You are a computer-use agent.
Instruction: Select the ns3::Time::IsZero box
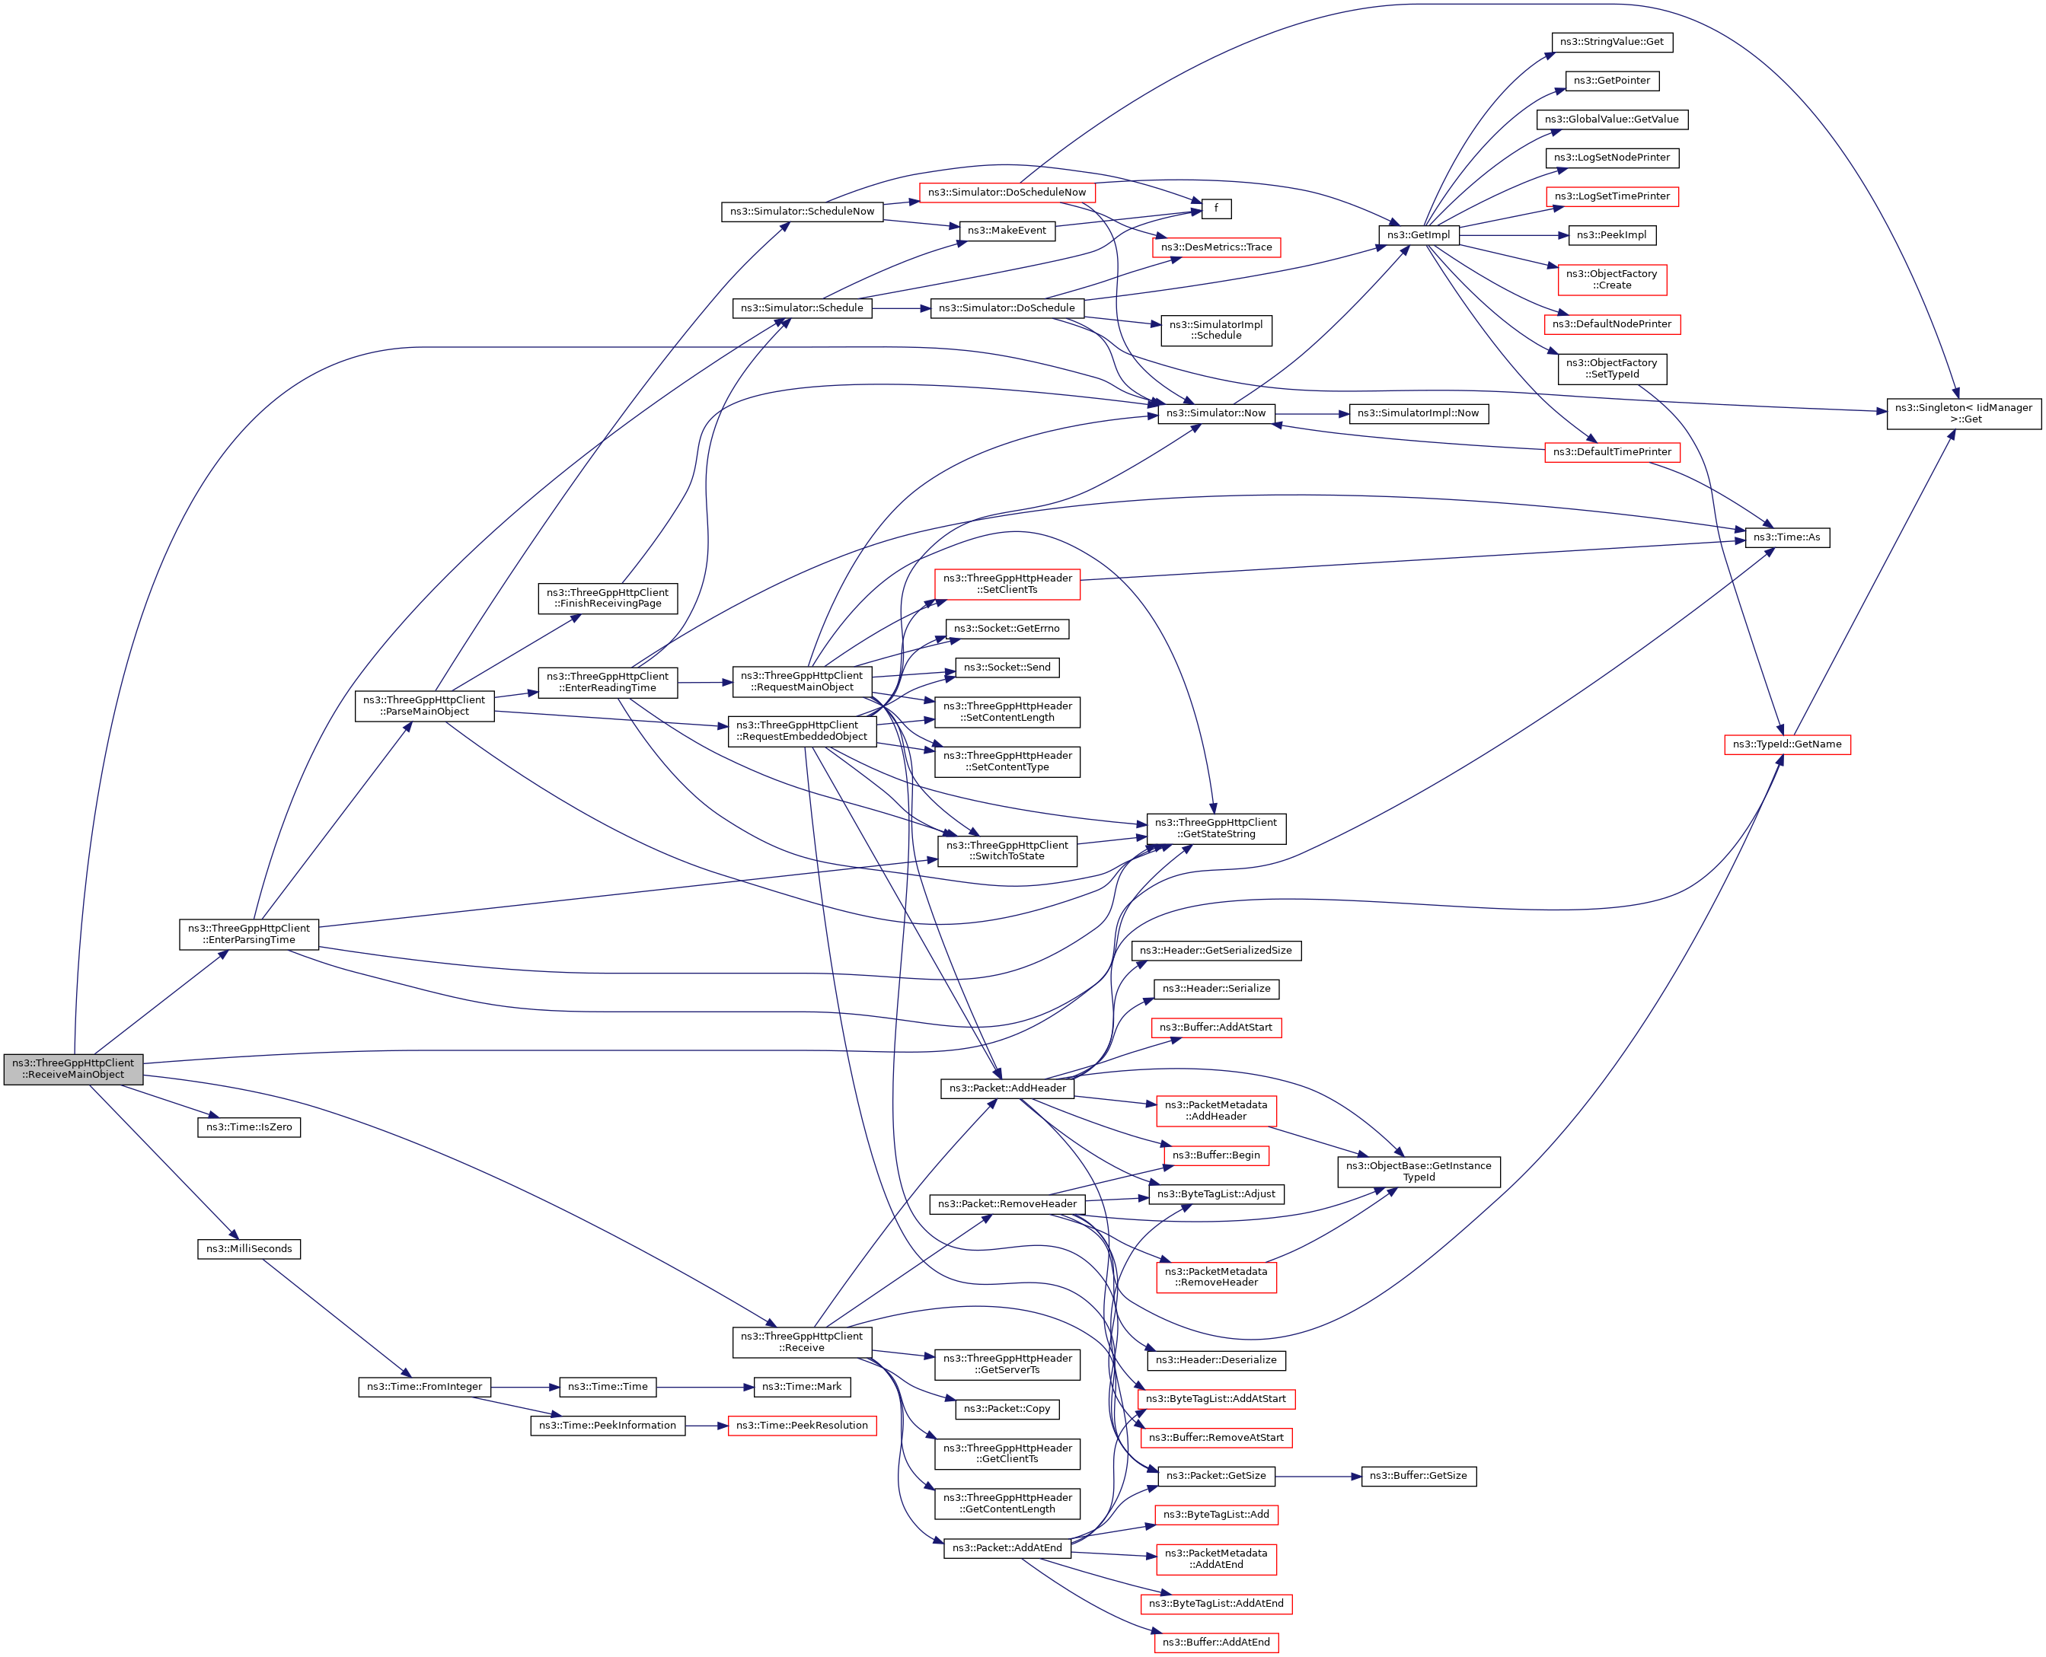coord(249,1127)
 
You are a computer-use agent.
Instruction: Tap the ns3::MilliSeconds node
coord(249,1248)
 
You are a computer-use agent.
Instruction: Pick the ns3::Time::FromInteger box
coord(425,1387)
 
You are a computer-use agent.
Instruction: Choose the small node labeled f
coord(1215,208)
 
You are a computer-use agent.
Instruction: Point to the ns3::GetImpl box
coord(1419,234)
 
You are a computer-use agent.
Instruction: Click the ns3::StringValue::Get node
coord(1611,42)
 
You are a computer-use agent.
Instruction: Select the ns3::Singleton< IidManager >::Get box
coord(1964,413)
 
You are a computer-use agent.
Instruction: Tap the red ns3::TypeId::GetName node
coord(1787,744)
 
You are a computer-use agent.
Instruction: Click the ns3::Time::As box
coord(1787,537)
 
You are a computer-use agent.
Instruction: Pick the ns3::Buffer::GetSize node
coord(1419,1476)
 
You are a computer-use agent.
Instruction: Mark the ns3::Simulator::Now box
coord(1215,413)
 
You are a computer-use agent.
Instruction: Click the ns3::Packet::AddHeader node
coord(1007,1088)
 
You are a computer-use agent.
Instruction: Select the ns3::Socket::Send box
coord(1007,668)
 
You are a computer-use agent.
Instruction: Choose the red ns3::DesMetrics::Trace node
coord(1215,247)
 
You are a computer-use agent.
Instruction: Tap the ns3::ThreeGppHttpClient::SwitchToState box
coord(1007,850)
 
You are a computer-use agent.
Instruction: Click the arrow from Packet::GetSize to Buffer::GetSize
coord(1317,1476)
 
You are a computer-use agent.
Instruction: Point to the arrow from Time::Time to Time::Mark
coord(704,1387)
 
